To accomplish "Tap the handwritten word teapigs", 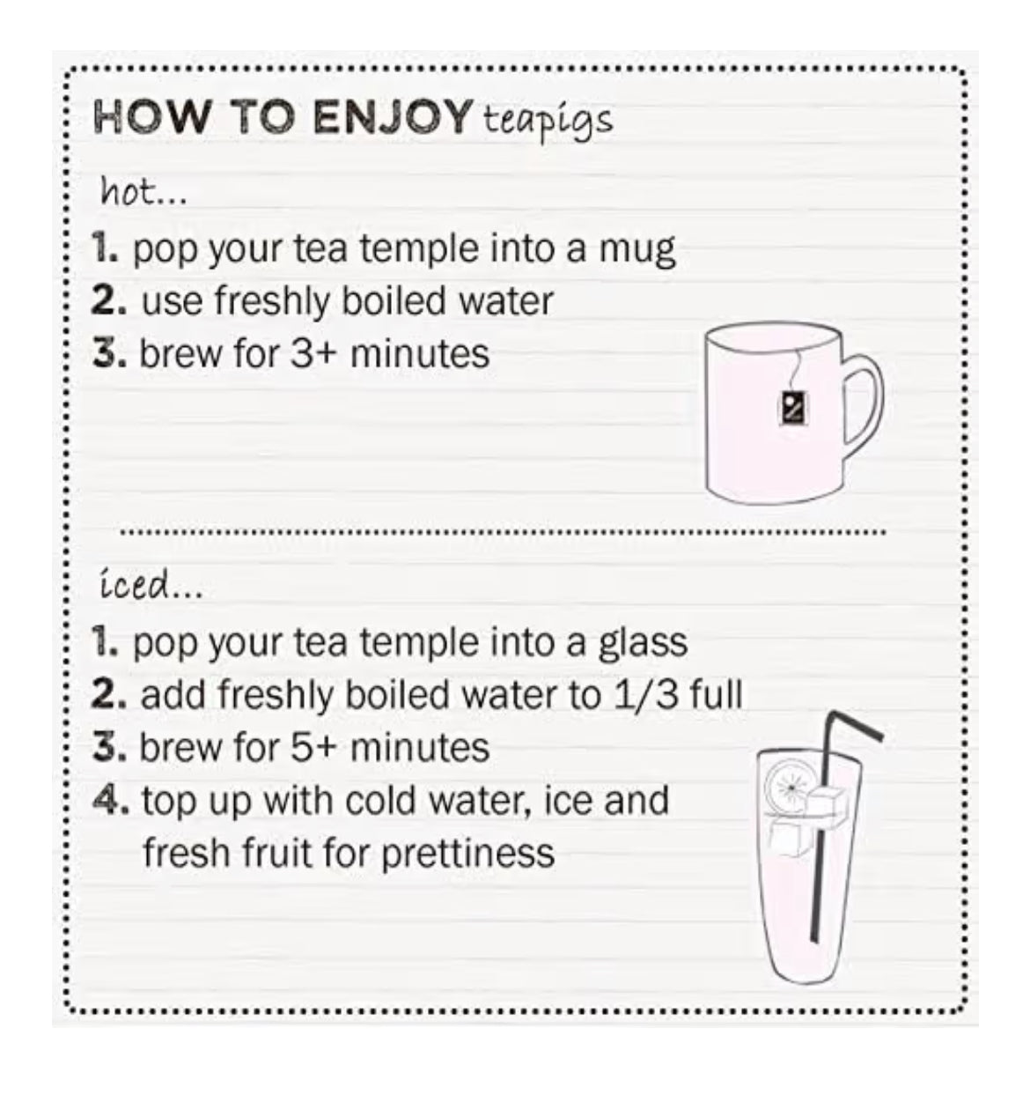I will (547, 120).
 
